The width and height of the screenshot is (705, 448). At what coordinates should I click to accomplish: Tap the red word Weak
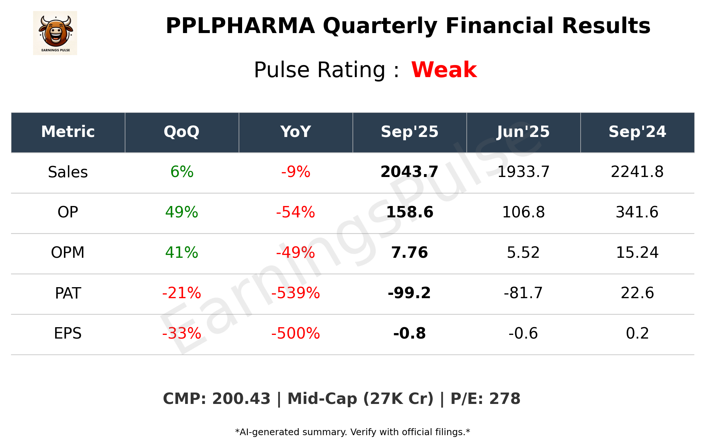pos(444,70)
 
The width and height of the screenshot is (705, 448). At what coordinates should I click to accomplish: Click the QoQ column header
pos(181,132)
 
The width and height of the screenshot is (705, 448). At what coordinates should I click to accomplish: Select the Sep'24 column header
pos(637,132)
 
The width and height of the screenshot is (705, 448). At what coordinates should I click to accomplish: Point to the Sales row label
pos(68,172)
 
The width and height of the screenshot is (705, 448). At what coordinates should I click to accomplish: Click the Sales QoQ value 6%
pos(182,172)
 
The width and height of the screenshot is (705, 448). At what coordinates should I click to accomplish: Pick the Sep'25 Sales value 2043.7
pos(409,172)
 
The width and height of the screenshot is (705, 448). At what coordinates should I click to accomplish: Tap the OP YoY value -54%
pos(295,212)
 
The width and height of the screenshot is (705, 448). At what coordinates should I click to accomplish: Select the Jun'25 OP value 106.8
pos(523,212)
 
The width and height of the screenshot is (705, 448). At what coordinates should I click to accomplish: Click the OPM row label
pos(68,253)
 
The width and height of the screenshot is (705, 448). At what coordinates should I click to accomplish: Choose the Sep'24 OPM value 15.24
pos(637,253)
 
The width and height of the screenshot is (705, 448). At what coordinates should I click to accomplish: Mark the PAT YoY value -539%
pos(295,293)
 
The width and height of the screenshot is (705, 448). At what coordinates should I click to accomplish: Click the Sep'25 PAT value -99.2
pos(409,293)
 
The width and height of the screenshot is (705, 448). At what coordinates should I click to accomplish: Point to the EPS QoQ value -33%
pos(182,333)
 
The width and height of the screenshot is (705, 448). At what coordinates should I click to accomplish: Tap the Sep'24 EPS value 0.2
pos(637,333)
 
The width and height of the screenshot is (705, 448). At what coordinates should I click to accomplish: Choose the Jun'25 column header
pos(523,132)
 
